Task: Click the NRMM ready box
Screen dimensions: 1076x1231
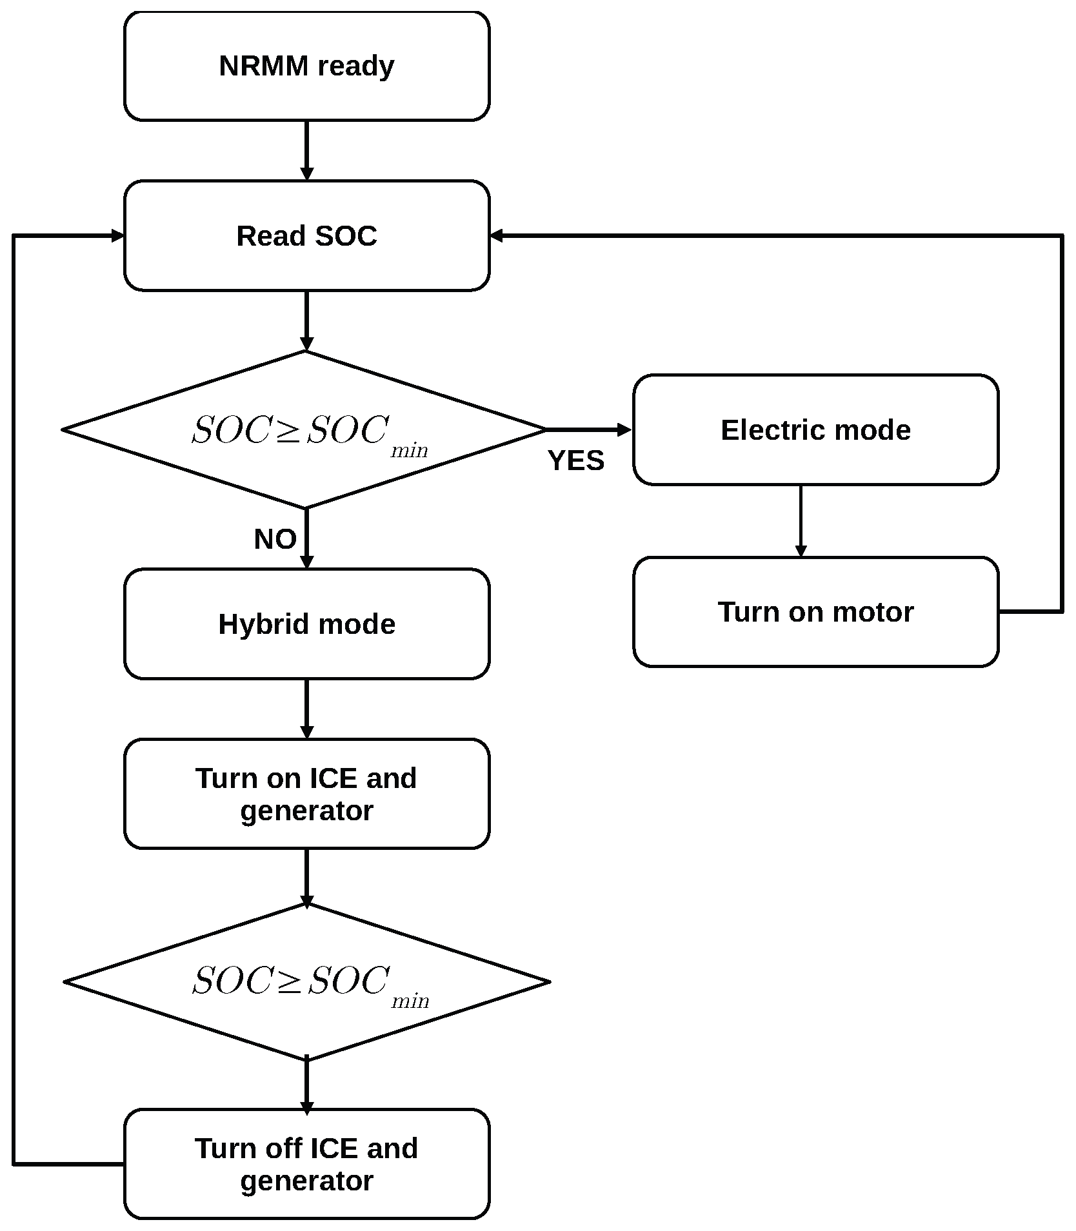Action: coord(306,66)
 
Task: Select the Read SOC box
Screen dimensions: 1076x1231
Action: coord(306,236)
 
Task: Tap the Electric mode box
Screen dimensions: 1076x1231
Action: coord(815,429)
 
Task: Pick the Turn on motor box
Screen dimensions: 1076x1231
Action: coord(815,612)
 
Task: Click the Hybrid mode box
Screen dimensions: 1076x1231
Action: coord(306,624)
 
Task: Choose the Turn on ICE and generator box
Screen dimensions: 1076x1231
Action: coord(306,794)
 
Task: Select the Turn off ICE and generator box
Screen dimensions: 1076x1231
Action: coord(306,1165)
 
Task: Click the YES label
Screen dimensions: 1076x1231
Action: coord(576,460)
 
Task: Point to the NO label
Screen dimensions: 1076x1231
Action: coord(275,539)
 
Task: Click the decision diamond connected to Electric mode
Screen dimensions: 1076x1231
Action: coord(304,429)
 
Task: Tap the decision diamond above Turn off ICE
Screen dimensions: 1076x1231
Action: coord(306,982)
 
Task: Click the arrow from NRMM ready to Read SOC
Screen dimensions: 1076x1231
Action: coord(306,151)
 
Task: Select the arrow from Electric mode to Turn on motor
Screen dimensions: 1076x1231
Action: coord(801,521)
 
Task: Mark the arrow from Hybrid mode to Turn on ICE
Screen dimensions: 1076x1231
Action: coord(306,709)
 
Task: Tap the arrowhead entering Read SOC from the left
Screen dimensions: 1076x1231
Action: coord(117,236)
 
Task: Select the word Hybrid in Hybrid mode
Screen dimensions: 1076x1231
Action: coord(263,624)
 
